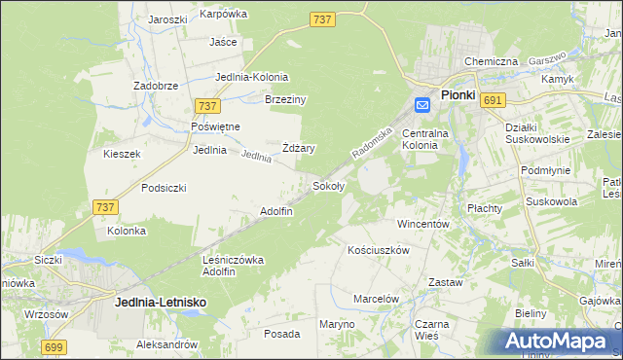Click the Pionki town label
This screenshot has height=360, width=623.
458,95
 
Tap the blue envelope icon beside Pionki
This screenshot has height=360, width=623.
424,104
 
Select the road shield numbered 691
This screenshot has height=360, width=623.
493,100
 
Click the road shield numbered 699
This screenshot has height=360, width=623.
55,346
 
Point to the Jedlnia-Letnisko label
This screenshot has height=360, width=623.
160,303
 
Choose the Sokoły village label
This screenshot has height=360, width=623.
326,185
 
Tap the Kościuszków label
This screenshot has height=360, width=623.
379,250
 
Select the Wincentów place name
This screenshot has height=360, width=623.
422,224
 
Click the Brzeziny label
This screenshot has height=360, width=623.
286,99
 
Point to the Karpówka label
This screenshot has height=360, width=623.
224,15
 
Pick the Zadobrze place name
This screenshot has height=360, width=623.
156,86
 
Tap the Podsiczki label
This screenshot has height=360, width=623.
164,188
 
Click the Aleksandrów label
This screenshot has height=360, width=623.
167,345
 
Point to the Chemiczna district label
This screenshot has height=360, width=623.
491,61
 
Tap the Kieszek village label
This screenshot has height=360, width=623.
123,154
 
